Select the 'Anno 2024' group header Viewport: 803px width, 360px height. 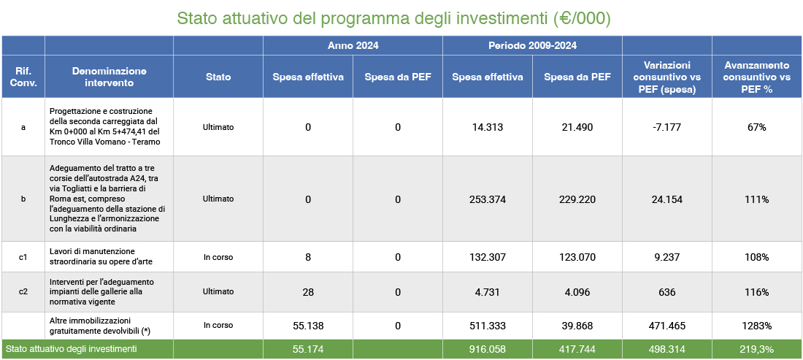click(353, 45)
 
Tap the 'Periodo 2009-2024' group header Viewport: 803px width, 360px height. click(532, 45)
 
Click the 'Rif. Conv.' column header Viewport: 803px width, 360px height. click(23, 77)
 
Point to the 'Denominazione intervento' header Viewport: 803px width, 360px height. click(109, 77)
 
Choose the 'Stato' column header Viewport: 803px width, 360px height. click(218, 77)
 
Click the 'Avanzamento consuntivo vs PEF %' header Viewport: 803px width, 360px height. click(756, 77)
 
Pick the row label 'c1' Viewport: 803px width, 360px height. click(23, 257)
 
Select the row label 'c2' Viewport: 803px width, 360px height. click(23, 292)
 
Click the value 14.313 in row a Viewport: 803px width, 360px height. click(487, 127)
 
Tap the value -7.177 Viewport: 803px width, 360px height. click(666, 127)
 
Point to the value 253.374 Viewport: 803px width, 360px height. click(487, 199)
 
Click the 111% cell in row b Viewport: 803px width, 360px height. click(756, 199)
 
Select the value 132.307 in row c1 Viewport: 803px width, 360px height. click(487, 257)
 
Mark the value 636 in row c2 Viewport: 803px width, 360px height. click(666, 292)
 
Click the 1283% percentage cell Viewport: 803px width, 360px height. click(756, 325)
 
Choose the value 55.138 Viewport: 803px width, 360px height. click(308, 325)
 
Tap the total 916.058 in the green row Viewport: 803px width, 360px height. click(487, 350)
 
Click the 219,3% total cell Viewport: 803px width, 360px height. click(756, 350)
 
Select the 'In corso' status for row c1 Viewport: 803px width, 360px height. click(218, 257)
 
